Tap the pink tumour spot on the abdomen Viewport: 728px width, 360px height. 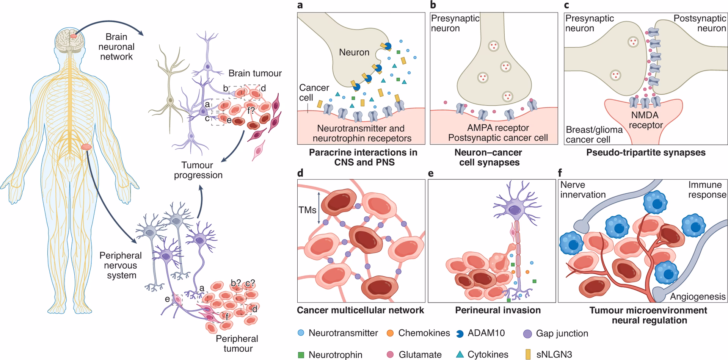pos(86,146)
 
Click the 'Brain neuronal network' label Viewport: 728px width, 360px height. pos(116,47)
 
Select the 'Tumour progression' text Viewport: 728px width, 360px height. pos(198,170)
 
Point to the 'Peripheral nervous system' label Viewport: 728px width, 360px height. pos(121,265)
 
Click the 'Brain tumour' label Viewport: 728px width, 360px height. pos(255,73)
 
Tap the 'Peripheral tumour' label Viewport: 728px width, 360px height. pos(237,343)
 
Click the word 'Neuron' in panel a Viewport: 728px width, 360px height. pos(354,52)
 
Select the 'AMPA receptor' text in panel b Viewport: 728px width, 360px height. pos(498,128)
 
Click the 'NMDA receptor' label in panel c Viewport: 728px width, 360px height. pos(645,120)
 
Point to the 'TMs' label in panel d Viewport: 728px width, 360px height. pos(307,210)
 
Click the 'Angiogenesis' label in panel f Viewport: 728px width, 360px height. pos(697,297)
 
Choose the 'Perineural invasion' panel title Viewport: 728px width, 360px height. pos(497,310)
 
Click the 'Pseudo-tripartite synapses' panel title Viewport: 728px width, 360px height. pos(645,152)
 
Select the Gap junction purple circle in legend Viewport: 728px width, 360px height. pos(527,334)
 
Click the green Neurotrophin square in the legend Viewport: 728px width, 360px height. pos(301,355)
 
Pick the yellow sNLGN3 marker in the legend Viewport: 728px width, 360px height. pos(528,354)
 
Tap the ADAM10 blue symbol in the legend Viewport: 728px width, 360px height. pos(460,333)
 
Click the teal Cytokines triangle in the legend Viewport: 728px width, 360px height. pos(460,354)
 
